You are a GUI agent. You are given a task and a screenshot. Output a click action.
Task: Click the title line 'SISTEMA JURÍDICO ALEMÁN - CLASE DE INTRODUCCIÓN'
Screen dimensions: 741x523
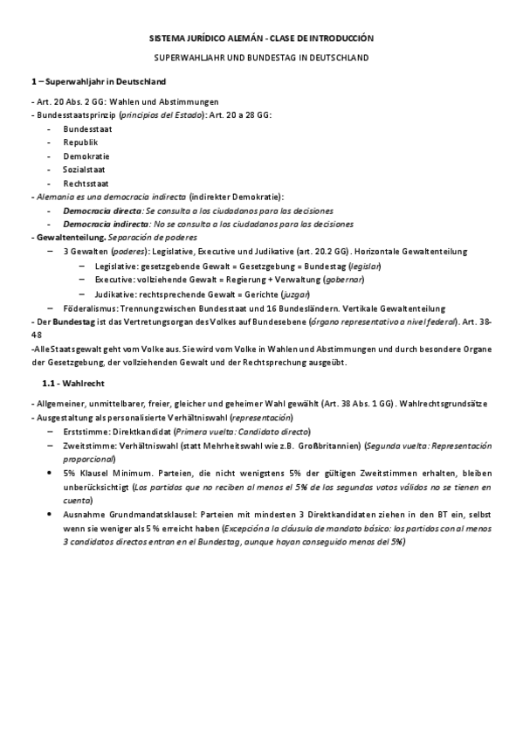tap(261, 39)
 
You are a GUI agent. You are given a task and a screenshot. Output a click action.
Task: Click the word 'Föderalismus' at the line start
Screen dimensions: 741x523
tap(90, 308)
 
